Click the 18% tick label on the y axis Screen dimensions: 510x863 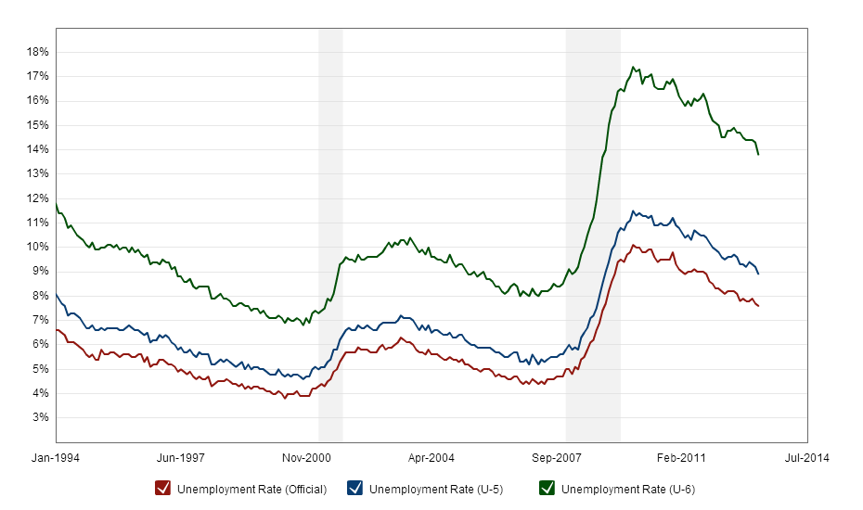37,52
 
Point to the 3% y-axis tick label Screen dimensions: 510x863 40,417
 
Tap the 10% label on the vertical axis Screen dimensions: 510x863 37,247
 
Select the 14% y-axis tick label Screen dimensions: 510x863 37,149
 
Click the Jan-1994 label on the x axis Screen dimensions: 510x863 56,457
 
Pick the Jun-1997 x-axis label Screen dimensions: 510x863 181,457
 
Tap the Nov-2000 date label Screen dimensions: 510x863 306,457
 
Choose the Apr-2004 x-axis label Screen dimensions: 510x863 431,457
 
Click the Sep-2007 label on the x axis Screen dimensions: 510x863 556,457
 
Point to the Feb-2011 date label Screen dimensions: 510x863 681,457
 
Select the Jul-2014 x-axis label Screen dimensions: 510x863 805,457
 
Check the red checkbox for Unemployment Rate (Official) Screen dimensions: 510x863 162,488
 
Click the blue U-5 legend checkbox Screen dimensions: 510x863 354,488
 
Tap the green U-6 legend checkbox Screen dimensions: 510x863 547,488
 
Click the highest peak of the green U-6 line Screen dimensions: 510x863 632,67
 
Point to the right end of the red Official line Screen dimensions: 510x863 758,306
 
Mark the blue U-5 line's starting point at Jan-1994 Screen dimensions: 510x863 57,294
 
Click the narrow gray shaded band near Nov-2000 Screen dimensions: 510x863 330,232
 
